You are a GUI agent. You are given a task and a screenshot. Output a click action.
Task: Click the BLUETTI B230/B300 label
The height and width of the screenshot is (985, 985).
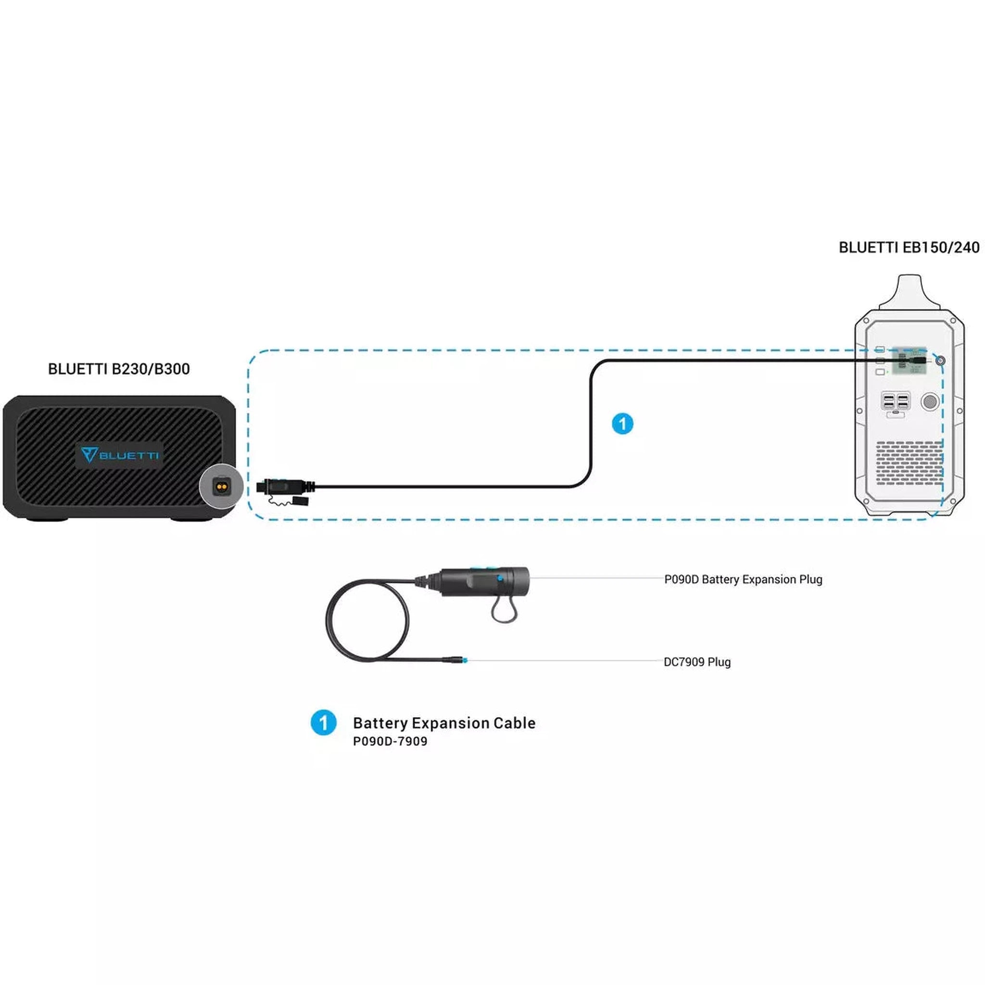tap(119, 368)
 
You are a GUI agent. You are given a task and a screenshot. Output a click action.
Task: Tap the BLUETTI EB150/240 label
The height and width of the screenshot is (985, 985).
tap(909, 248)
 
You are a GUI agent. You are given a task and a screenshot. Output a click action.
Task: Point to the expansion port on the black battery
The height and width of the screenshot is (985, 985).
tap(221, 486)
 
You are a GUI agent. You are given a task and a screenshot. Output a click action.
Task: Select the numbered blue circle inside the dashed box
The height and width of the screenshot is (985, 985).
tap(622, 424)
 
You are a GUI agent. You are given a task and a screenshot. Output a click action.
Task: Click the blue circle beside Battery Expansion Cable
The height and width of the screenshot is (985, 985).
tap(323, 722)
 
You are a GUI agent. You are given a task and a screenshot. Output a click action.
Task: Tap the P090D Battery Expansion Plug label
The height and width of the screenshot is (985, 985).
tap(743, 580)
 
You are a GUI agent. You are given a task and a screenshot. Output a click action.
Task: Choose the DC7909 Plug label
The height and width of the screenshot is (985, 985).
tap(697, 662)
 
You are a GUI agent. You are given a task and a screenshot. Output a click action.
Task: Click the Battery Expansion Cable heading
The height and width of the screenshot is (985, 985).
tap(444, 723)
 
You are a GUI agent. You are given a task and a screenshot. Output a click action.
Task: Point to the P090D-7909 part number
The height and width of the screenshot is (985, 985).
tap(390, 741)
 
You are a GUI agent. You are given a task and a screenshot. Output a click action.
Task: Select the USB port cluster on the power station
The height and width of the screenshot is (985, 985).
tap(895, 401)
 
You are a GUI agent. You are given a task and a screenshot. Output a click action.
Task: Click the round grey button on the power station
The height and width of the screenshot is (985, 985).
tap(930, 401)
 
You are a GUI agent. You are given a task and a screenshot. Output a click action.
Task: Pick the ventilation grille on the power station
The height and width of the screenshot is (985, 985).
tap(909, 463)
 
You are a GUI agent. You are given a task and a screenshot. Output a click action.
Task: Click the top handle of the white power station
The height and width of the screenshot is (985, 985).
tap(909, 291)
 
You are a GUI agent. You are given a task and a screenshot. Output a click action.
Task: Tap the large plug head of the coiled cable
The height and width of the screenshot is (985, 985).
tap(484, 582)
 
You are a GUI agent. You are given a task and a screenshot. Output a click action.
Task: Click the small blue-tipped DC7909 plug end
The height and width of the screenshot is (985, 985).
tap(462, 660)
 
